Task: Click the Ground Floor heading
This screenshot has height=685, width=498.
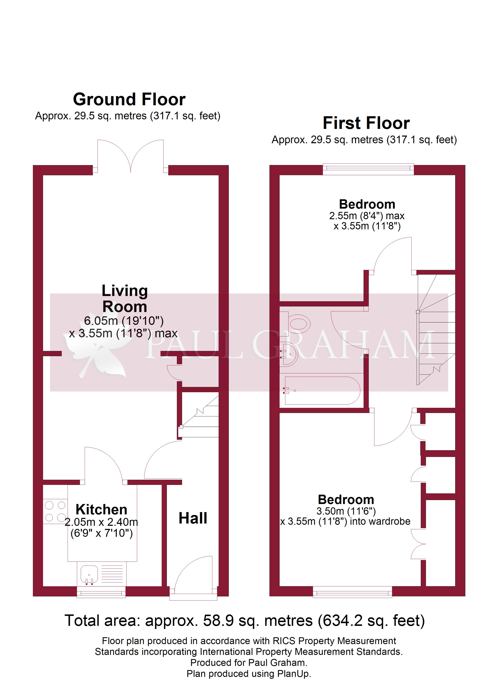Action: pos(129,99)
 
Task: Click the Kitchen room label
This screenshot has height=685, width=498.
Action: pos(101,510)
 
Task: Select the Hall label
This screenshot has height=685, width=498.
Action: pos(193,518)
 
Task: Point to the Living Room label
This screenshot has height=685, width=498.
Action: pos(125,299)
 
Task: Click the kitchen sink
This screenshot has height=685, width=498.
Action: pos(89,574)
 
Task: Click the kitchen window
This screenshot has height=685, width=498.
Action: pos(101,592)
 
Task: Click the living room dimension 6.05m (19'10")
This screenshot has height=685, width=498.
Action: pos(124,321)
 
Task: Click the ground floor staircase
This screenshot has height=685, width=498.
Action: pos(200,416)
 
